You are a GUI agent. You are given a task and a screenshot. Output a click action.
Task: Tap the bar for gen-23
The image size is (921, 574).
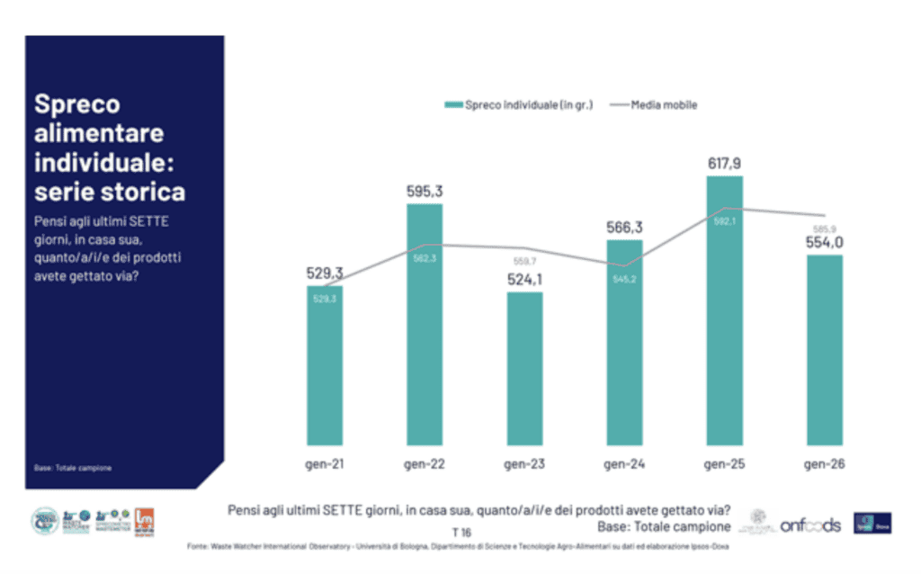click(x=524, y=368)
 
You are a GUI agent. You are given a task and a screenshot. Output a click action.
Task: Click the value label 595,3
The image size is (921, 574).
click(x=425, y=192)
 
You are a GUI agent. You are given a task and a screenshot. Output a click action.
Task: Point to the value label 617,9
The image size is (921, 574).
click(x=724, y=164)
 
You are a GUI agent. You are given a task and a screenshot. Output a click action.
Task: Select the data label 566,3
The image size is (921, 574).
click(x=624, y=229)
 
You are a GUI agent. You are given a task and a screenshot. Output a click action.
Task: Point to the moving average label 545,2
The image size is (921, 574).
click(x=624, y=280)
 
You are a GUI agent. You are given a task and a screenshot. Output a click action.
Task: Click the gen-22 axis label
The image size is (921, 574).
click(x=425, y=465)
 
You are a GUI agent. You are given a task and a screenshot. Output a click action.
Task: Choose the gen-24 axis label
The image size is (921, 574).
click(x=624, y=465)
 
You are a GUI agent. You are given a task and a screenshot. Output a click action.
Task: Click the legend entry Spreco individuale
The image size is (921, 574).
click(x=519, y=104)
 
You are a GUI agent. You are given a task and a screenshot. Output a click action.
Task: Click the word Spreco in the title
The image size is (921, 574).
click(x=76, y=104)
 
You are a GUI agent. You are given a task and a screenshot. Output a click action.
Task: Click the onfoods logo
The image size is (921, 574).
click(x=809, y=525)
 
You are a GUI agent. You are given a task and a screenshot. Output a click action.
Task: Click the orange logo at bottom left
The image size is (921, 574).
click(x=145, y=520)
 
